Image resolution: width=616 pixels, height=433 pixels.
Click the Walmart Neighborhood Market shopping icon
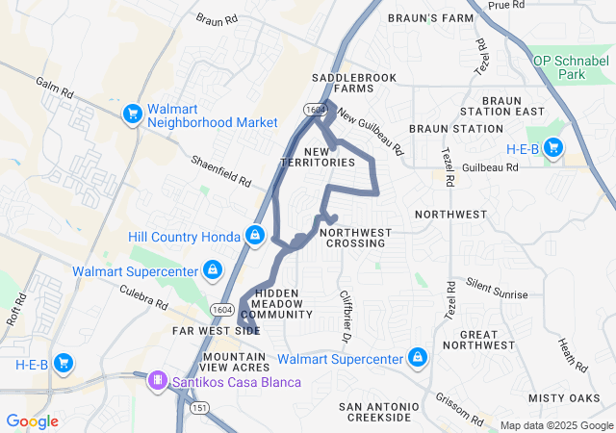pyautogui.click(x=133, y=115)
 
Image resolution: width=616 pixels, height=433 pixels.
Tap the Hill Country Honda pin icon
pyautogui.click(x=255, y=235)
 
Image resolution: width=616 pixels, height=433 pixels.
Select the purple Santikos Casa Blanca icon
pyautogui.click(x=155, y=381)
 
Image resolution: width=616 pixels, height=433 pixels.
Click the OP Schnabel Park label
pyautogui.click(x=573, y=66)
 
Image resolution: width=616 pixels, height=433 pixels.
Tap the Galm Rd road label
pyautogui.click(x=54, y=91)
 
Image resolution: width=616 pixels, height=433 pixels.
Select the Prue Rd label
pyautogui.click(x=505, y=6)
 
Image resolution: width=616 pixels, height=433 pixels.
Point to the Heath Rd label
pyautogui.click(x=573, y=355)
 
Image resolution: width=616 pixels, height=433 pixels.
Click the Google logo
pyautogui.click(x=32, y=420)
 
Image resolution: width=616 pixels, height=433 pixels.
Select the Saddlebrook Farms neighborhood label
pyautogui.click(x=343, y=82)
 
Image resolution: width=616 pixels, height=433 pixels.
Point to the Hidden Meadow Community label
pyautogui.click(x=276, y=303)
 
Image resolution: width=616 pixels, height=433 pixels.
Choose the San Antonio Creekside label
pyautogui.click(x=378, y=412)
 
